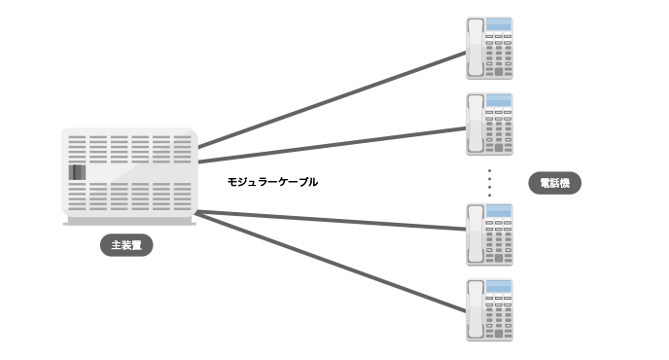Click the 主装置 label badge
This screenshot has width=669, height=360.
coord(127,245)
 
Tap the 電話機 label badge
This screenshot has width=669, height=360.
coord(553,183)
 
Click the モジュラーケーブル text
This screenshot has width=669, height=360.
coord(272,182)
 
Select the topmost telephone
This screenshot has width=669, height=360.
coord(490,48)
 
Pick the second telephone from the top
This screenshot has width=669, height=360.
coord(490,124)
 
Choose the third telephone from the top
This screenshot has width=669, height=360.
coord(490,234)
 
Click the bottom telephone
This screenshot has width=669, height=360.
coord(490,309)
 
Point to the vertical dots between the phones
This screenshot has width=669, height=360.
coord(490,183)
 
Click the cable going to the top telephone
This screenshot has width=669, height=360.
coord(331,97)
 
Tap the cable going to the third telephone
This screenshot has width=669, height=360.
coord(331,220)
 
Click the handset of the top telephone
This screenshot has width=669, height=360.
coord(475,49)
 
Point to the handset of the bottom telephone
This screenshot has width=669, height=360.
coord(475,310)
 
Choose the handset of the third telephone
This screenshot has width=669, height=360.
coord(475,234)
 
